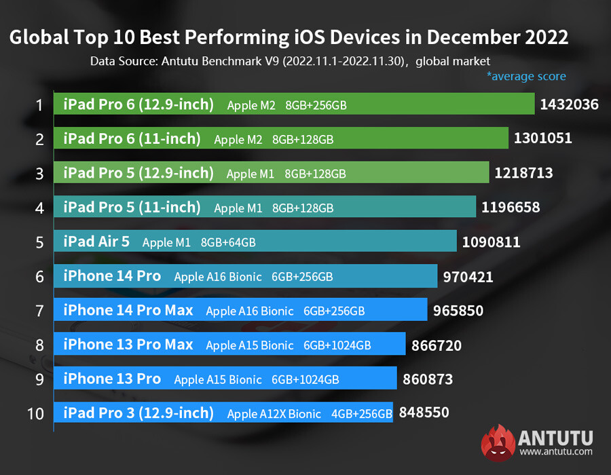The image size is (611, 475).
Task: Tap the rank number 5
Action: (39, 242)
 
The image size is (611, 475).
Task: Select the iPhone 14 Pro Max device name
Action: (128, 310)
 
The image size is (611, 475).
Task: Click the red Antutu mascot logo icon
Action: (498, 442)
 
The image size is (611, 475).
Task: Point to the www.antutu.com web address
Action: (556, 451)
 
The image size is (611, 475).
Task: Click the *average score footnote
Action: (525, 76)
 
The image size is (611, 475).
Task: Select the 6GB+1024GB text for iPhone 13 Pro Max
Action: (337, 345)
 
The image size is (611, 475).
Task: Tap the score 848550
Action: (424, 412)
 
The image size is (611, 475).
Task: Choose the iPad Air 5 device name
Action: (96, 242)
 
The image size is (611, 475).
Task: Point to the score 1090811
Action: (492, 242)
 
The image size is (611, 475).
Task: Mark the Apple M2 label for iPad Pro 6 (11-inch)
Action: (238, 139)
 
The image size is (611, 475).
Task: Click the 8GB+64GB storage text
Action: (228, 242)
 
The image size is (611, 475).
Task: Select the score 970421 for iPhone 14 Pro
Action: (468, 276)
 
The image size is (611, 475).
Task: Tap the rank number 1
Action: (39, 105)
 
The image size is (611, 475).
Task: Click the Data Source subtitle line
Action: (291, 60)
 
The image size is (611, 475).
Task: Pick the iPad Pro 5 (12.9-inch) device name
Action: (138, 173)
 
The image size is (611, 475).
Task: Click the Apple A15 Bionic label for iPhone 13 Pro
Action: (217, 379)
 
